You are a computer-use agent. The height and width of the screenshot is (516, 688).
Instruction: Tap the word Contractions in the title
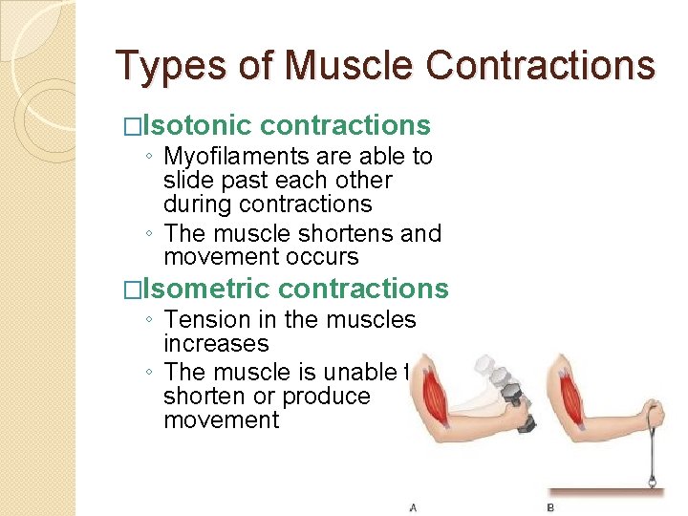coord(541,66)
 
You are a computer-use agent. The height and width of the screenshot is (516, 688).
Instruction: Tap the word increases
coord(216,343)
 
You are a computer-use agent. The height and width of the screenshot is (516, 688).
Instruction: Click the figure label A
coord(412,506)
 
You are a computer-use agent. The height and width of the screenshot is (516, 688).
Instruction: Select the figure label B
coord(549,506)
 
